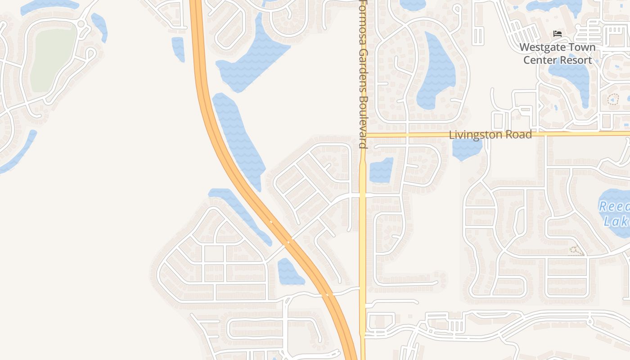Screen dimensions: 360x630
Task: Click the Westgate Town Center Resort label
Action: click(x=557, y=54)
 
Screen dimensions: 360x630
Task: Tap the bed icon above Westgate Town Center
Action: click(x=557, y=34)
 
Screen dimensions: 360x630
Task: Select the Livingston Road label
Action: click(x=490, y=135)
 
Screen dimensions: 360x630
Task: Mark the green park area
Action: click(x=53, y=56)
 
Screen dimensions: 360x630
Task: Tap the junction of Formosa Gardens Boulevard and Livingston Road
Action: click(x=363, y=135)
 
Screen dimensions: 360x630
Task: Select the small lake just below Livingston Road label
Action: click(x=467, y=148)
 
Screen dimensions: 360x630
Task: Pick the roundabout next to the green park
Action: click(x=81, y=23)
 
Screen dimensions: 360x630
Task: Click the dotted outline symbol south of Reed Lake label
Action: click(x=574, y=250)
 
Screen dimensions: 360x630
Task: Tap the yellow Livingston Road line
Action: click(x=585, y=134)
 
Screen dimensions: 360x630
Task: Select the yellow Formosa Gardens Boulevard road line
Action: click(x=363, y=247)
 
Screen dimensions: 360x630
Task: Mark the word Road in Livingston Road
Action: click(x=520, y=135)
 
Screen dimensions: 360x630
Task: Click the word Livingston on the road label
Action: click(x=476, y=135)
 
